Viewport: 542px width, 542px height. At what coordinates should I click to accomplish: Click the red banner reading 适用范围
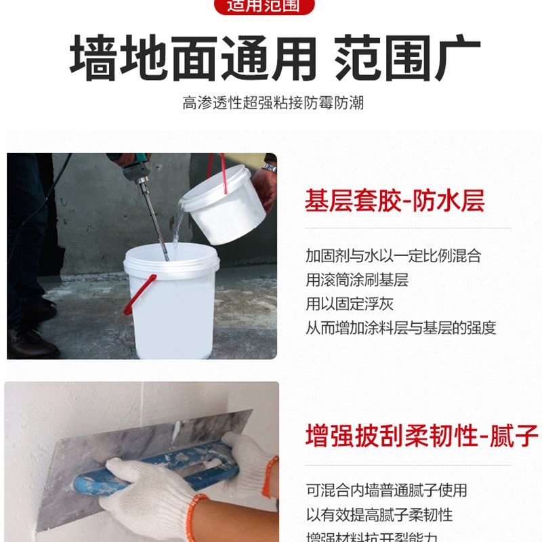point(271,7)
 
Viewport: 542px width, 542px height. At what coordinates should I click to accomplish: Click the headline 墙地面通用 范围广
point(274,59)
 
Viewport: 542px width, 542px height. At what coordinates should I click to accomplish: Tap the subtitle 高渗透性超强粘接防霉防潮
point(273,103)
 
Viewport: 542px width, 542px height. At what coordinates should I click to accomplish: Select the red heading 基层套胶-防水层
point(395,201)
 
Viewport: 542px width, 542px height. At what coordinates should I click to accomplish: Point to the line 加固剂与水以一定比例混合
point(393,256)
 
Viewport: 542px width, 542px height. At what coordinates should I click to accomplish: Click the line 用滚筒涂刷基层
point(357,280)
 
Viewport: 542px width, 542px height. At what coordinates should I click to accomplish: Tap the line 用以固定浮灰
point(349,304)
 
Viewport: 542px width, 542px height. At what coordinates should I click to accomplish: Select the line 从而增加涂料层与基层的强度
point(401,328)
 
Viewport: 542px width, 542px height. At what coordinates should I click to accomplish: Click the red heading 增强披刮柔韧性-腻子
point(421,434)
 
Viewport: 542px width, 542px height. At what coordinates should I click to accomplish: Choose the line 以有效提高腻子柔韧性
point(379,514)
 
